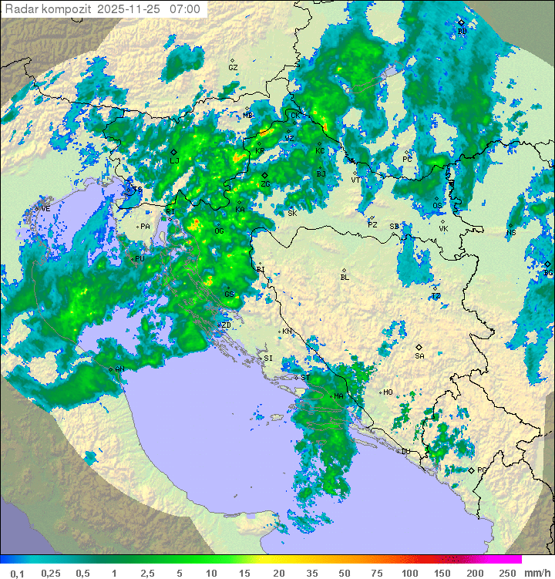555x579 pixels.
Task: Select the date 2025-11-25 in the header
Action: pyautogui.click(x=129, y=9)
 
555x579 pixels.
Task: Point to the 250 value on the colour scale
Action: pyautogui.click(x=506, y=573)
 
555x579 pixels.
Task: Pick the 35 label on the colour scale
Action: pyautogui.click(x=312, y=573)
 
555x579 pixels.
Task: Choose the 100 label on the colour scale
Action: pyautogui.click(x=409, y=573)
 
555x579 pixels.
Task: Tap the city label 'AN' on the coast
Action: pyautogui.click(x=119, y=369)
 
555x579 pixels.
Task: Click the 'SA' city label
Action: pyautogui.click(x=419, y=355)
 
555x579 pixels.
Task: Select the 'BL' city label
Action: pyautogui.click(x=345, y=278)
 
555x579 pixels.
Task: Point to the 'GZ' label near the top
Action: pyautogui.click(x=233, y=68)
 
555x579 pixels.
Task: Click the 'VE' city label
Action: pyautogui.click(x=45, y=209)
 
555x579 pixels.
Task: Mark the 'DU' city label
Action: pyautogui.click(x=405, y=452)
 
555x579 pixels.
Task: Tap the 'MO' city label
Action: pyautogui.click(x=388, y=392)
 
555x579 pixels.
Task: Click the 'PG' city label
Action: pyautogui.click(x=482, y=470)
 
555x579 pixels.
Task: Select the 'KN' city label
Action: pyautogui.click(x=287, y=332)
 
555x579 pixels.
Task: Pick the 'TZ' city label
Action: pyautogui.click(x=436, y=296)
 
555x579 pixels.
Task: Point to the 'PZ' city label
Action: pyautogui.click(x=372, y=224)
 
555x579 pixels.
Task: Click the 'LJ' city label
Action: pyautogui.click(x=174, y=160)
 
